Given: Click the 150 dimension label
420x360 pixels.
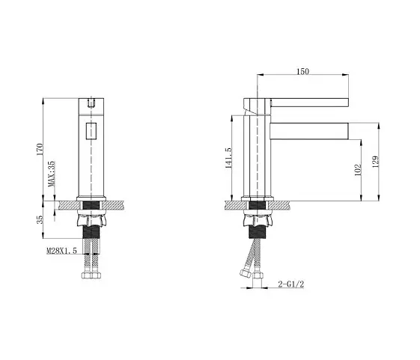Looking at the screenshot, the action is point(302,71).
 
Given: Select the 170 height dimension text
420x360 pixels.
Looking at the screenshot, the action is point(40,150).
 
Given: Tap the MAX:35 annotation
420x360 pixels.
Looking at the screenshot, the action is point(51,174).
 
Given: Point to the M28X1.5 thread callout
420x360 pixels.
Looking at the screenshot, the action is point(62,251).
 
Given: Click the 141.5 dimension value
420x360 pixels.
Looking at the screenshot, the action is point(228,158).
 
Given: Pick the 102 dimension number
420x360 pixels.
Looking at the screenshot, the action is point(358,170).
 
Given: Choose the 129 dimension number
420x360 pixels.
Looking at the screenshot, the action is point(376,162).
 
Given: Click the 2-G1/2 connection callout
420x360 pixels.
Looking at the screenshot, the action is point(291,284).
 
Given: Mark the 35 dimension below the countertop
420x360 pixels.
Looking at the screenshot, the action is point(40,219).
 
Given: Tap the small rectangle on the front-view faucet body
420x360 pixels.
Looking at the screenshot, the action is point(91,131).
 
